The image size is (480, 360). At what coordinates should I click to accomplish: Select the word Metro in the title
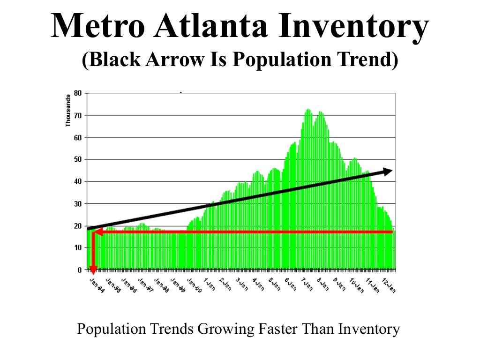[97, 27]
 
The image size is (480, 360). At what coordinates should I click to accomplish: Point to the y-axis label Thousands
[68, 110]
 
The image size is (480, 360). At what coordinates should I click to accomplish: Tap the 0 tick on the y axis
[80, 270]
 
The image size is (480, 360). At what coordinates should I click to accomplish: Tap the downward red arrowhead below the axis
[93, 270]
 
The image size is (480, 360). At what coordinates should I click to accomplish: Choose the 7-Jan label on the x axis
[307, 284]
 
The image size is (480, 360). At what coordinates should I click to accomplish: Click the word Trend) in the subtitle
[369, 60]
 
